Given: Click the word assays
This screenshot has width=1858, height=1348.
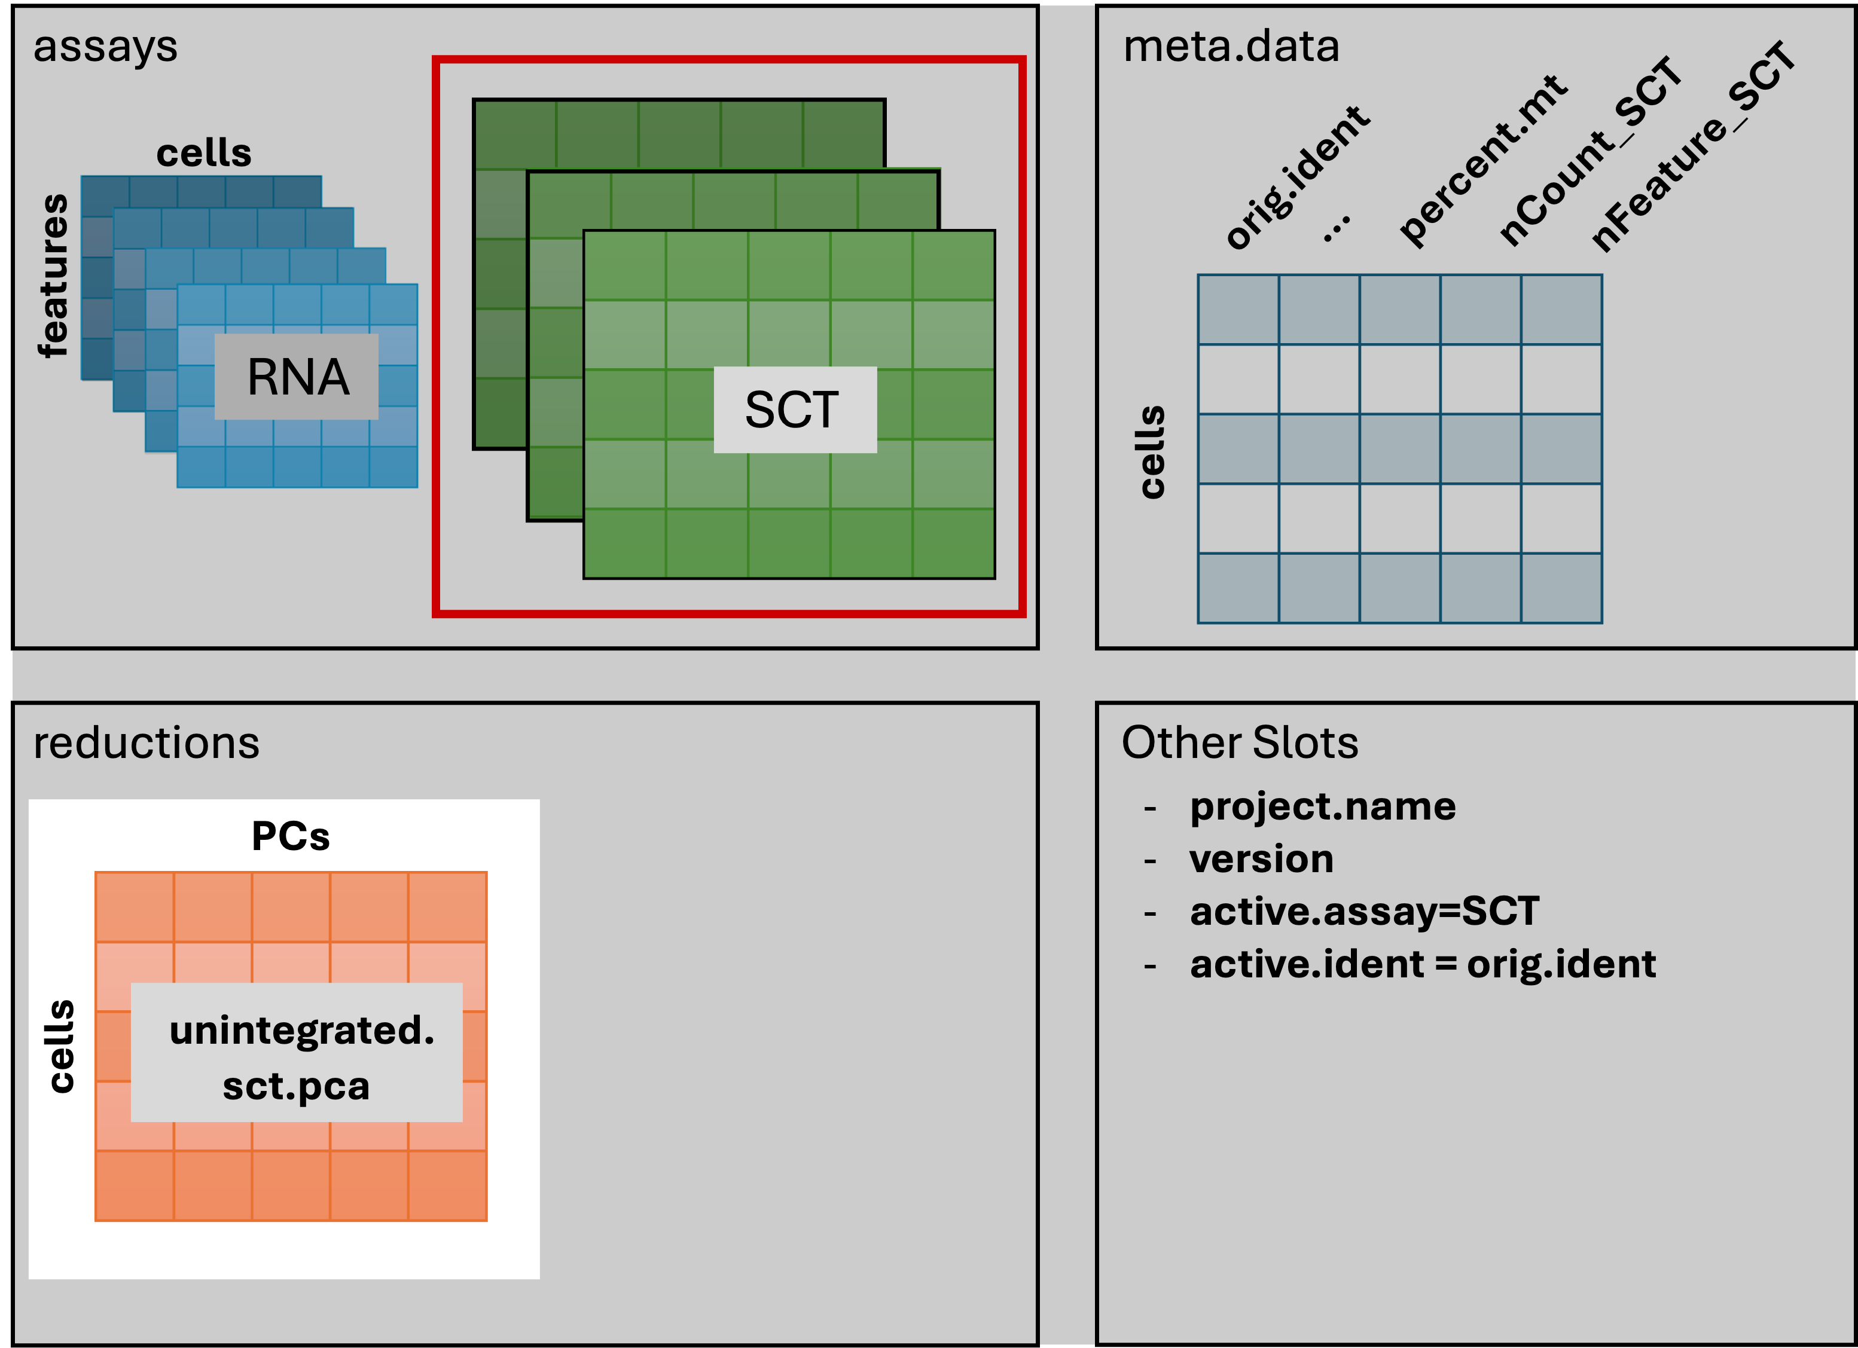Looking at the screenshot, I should pos(105,47).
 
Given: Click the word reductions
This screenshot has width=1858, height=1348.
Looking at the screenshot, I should pos(146,743).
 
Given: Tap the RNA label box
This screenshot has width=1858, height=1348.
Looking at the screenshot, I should pos(297,377).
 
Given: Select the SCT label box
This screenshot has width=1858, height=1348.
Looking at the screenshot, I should pos(795,409).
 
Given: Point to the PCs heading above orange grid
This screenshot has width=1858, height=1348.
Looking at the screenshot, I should pos(291,836).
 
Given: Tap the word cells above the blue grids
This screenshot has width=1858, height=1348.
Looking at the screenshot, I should pos(204,153).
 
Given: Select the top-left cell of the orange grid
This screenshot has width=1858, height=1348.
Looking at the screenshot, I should pos(135,907).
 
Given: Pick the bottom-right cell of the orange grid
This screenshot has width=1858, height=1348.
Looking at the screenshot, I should pos(447,1185).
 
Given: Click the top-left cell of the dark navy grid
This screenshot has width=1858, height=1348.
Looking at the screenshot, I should pos(1238,310).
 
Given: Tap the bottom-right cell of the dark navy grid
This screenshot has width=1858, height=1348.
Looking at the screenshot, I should pos(1561,588).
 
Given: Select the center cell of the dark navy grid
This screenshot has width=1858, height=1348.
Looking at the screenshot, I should pos(1399,449).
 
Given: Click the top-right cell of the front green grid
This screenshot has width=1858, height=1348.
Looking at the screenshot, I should pos(953,265).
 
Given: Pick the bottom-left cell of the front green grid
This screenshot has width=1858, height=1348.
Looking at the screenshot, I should pos(625,543).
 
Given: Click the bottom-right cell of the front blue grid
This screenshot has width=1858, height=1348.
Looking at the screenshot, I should pos(393,467).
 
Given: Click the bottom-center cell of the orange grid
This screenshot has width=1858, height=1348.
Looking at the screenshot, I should pos(291,1185).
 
